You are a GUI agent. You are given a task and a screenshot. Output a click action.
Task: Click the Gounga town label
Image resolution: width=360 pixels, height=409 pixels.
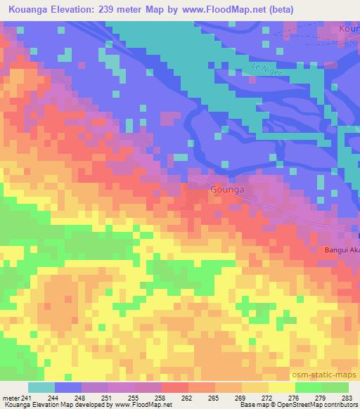click(227, 190)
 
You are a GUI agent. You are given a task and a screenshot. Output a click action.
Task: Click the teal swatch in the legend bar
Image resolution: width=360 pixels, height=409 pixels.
click(41, 387)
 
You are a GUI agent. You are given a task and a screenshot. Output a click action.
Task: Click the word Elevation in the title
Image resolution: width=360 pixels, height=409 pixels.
click(82, 9)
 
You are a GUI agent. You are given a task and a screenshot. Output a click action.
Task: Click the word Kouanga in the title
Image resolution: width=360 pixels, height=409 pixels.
click(29, 9)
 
